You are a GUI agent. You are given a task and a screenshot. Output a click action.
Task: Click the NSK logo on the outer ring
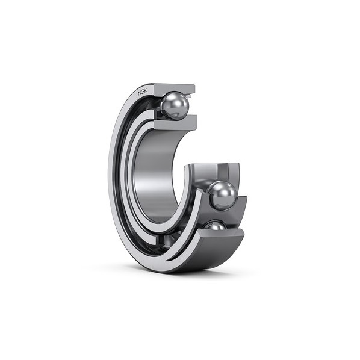[x=143, y=92]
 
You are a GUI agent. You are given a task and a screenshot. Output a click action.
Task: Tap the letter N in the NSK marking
[x=140, y=93]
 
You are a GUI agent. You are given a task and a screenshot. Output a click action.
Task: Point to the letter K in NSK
[x=146, y=90]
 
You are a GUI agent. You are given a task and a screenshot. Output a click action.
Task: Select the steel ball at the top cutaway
[x=175, y=105]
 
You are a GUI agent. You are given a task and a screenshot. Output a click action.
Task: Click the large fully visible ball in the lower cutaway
[x=222, y=196]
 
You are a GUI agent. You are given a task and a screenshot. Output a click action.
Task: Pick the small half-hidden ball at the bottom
[x=215, y=226]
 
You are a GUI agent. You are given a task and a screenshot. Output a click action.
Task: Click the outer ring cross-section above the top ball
[x=175, y=88]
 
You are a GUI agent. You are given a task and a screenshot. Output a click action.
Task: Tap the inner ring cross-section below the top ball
[x=175, y=122]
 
